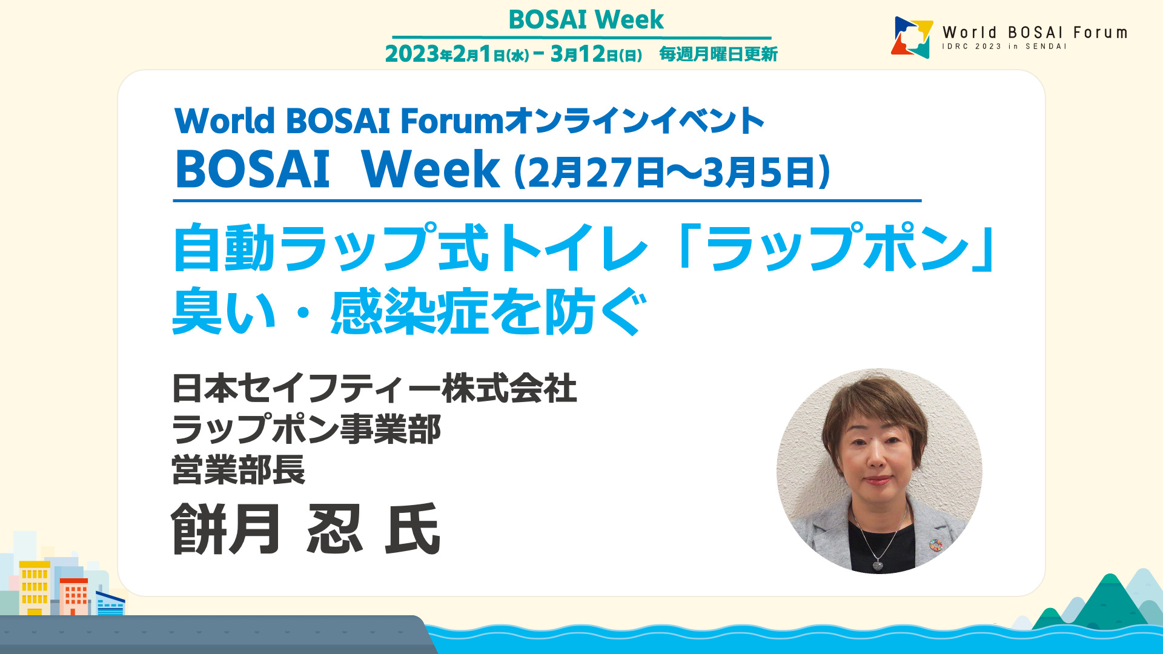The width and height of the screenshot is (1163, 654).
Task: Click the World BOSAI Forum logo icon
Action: click(x=912, y=37)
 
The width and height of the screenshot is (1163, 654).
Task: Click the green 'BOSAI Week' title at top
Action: click(x=586, y=19)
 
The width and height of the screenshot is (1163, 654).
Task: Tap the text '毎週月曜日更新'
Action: click(x=718, y=54)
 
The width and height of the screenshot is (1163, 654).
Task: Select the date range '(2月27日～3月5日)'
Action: click(x=672, y=172)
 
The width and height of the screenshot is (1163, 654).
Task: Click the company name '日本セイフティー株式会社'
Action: click(x=374, y=388)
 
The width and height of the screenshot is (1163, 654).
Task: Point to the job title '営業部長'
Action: click(x=239, y=470)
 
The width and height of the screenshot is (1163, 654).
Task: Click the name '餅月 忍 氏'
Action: click(x=306, y=529)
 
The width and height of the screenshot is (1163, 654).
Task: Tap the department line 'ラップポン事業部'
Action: click(x=306, y=429)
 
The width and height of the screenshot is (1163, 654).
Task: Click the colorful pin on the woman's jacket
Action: click(x=936, y=545)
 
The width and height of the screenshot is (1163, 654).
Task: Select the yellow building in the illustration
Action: click(x=35, y=588)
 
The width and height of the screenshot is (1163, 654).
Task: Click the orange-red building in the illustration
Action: click(x=74, y=596)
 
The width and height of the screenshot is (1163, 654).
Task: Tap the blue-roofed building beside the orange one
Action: click(x=110, y=603)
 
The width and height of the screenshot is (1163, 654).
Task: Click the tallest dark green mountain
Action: click(x=1110, y=599)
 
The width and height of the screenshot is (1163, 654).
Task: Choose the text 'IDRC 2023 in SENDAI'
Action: click(x=1004, y=47)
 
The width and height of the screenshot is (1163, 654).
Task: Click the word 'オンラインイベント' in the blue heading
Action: click(x=634, y=121)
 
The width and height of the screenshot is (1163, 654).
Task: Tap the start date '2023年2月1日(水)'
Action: click(x=457, y=54)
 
